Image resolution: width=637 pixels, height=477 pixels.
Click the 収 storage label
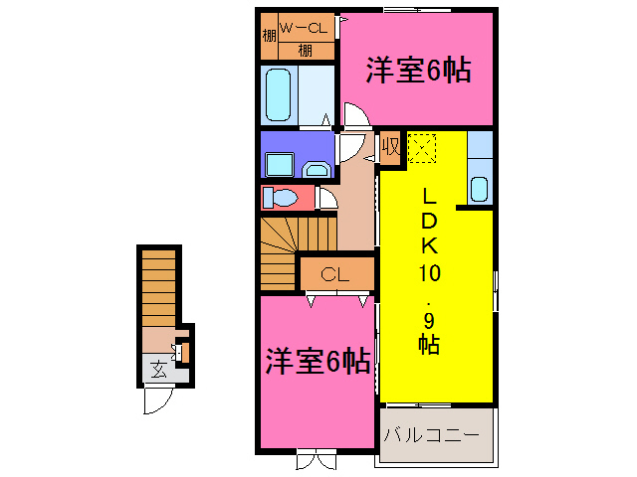(x=390, y=149)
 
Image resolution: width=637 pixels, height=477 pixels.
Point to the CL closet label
(x=334, y=273)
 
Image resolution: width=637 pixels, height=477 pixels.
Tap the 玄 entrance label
(x=159, y=371)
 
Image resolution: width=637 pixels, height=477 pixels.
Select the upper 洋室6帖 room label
(x=417, y=71)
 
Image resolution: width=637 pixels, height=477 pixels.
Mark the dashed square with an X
(x=422, y=148)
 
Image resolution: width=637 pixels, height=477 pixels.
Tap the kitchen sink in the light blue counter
(x=479, y=188)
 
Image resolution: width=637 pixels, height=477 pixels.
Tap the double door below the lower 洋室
(x=316, y=460)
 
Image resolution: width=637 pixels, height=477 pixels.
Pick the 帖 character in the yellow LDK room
(x=430, y=346)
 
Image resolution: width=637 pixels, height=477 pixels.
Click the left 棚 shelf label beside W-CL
(x=269, y=39)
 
